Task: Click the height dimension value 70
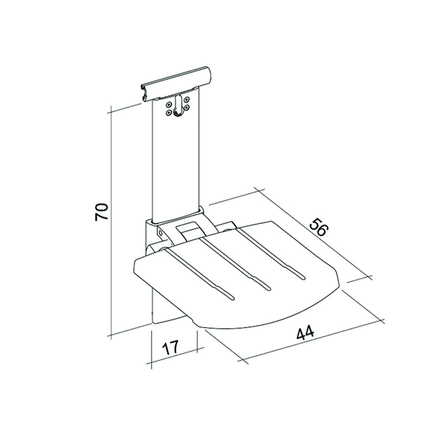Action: [101, 212]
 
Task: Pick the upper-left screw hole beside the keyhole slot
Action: [169, 105]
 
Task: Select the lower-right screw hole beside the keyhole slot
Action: [187, 107]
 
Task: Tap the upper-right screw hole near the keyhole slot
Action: [187, 100]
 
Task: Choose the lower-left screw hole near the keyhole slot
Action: [169, 112]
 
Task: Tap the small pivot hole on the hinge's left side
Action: [161, 232]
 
